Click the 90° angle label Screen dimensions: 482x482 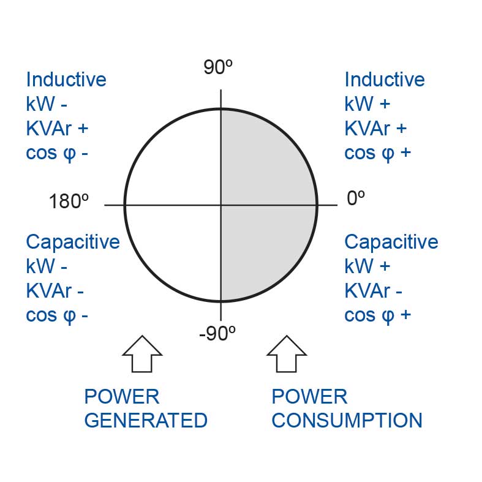click(218, 67)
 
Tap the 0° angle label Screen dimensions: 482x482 click(356, 198)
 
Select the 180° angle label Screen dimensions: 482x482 click(69, 201)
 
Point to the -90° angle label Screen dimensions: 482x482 click(217, 333)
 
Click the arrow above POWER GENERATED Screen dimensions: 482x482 click(142, 354)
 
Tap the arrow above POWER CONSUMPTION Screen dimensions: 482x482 click(287, 354)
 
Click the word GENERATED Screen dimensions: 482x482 click(146, 420)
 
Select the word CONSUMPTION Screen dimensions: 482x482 click(347, 420)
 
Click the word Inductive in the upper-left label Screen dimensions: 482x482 click(66, 79)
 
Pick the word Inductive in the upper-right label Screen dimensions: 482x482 click(385, 79)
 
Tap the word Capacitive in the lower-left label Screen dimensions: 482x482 click(73, 243)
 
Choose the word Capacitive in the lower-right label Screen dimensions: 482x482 click(391, 243)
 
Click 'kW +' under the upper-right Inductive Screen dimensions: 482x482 click(367, 104)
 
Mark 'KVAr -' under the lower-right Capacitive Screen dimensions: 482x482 click(373, 290)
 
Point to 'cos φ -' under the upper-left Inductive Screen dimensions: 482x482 click(57, 153)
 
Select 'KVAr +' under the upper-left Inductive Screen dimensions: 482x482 click(57, 128)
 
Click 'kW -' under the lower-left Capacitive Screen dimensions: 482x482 click(47, 266)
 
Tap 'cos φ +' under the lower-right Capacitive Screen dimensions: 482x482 click(377, 315)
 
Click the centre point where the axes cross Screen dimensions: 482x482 click(221, 205)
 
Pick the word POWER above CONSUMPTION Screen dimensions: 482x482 click(309, 396)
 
